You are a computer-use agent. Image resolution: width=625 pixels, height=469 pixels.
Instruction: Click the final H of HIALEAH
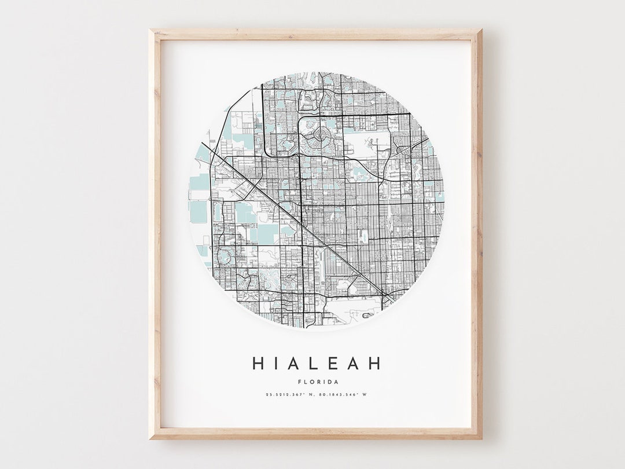tap(375, 363)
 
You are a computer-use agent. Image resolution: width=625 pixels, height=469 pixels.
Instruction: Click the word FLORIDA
tap(317, 382)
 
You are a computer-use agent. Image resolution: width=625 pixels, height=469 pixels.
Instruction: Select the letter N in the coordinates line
tap(311, 395)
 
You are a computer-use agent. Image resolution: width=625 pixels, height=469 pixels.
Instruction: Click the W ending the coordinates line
tap(365, 395)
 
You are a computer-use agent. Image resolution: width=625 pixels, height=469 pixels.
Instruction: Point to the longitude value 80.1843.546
tap(339, 395)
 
